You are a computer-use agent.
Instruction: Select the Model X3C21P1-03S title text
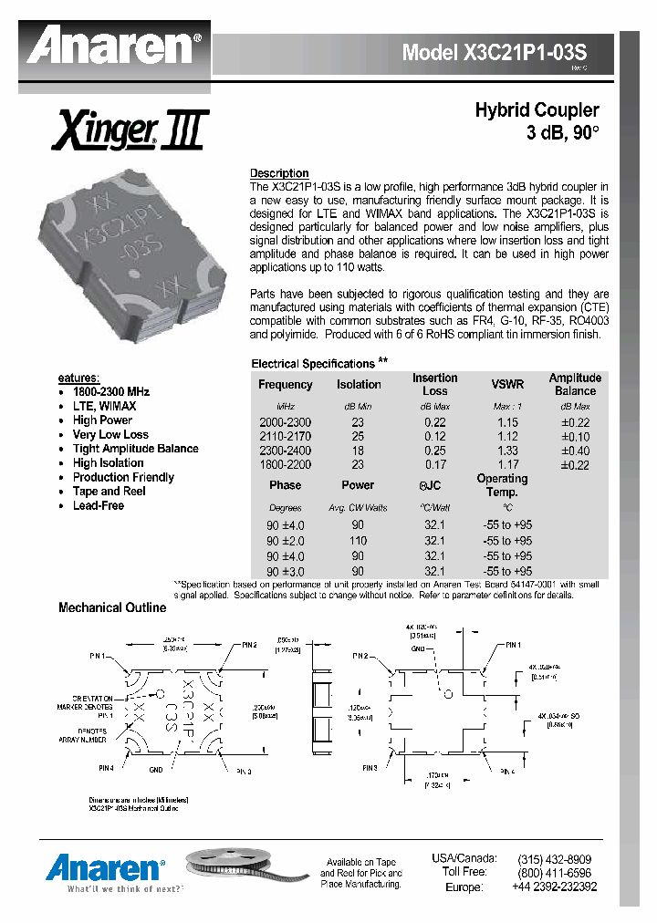[x=495, y=53]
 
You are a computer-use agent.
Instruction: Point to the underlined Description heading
[x=279, y=173]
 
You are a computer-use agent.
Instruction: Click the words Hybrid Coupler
[x=537, y=110]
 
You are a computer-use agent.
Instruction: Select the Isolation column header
[x=359, y=385]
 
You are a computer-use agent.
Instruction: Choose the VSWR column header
[x=507, y=385]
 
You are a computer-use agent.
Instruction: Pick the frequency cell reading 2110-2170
[x=286, y=437]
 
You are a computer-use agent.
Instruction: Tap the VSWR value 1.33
[x=507, y=451]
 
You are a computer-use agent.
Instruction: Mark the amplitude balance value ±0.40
[x=575, y=451]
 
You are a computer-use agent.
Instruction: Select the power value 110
[x=359, y=541]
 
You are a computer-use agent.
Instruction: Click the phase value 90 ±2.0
[x=286, y=541]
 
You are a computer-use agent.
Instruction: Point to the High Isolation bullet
[x=108, y=462]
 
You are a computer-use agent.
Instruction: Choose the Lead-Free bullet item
[x=98, y=505]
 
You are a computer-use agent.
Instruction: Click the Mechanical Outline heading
[x=112, y=607]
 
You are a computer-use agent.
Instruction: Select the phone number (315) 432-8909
[x=554, y=859]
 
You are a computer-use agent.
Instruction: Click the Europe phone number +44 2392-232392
[x=554, y=887]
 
